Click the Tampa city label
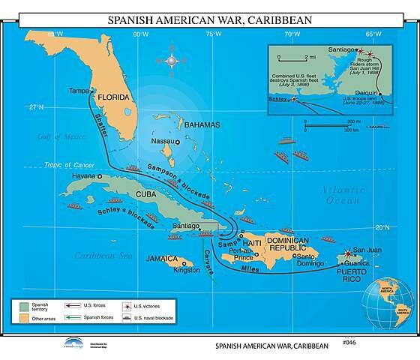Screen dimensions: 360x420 pyautogui.click(x=79, y=91)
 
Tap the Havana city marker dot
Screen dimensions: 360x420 pyautogui.click(x=100, y=175)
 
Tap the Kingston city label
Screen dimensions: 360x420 pyautogui.click(x=186, y=270)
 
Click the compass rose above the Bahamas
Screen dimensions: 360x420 pyautogui.click(x=172, y=59)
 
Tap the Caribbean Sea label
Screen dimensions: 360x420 pyautogui.click(x=103, y=256)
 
